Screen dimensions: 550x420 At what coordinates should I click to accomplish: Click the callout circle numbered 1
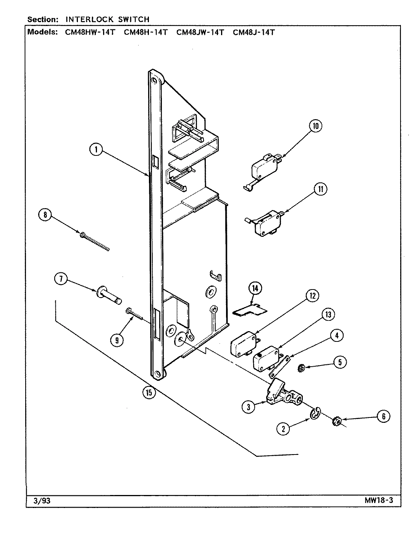tap(96, 150)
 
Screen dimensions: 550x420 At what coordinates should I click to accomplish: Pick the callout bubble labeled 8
tap(45, 215)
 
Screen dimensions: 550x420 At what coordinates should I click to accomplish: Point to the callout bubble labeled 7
tap(61, 279)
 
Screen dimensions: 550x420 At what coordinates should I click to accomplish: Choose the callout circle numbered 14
tap(255, 288)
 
